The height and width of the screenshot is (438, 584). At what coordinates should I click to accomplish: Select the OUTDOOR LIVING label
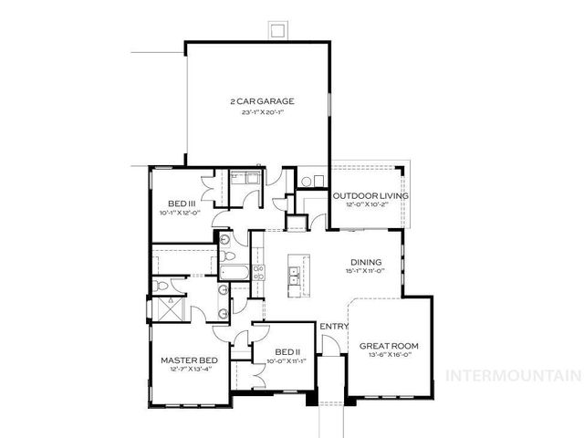pyautogui.click(x=370, y=195)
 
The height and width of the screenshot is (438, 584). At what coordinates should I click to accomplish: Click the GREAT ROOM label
pyautogui.click(x=388, y=346)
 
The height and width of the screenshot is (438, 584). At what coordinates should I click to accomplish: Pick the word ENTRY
pyautogui.click(x=329, y=327)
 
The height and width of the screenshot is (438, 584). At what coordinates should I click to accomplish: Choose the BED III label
pyautogui.click(x=182, y=203)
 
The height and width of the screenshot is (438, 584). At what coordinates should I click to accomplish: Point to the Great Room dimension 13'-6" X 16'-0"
pyautogui.click(x=388, y=357)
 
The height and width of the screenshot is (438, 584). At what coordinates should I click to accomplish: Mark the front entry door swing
pyautogui.click(x=334, y=347)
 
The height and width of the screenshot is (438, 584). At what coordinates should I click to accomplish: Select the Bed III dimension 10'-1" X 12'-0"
pyautogui.click(x=182, y=214)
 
